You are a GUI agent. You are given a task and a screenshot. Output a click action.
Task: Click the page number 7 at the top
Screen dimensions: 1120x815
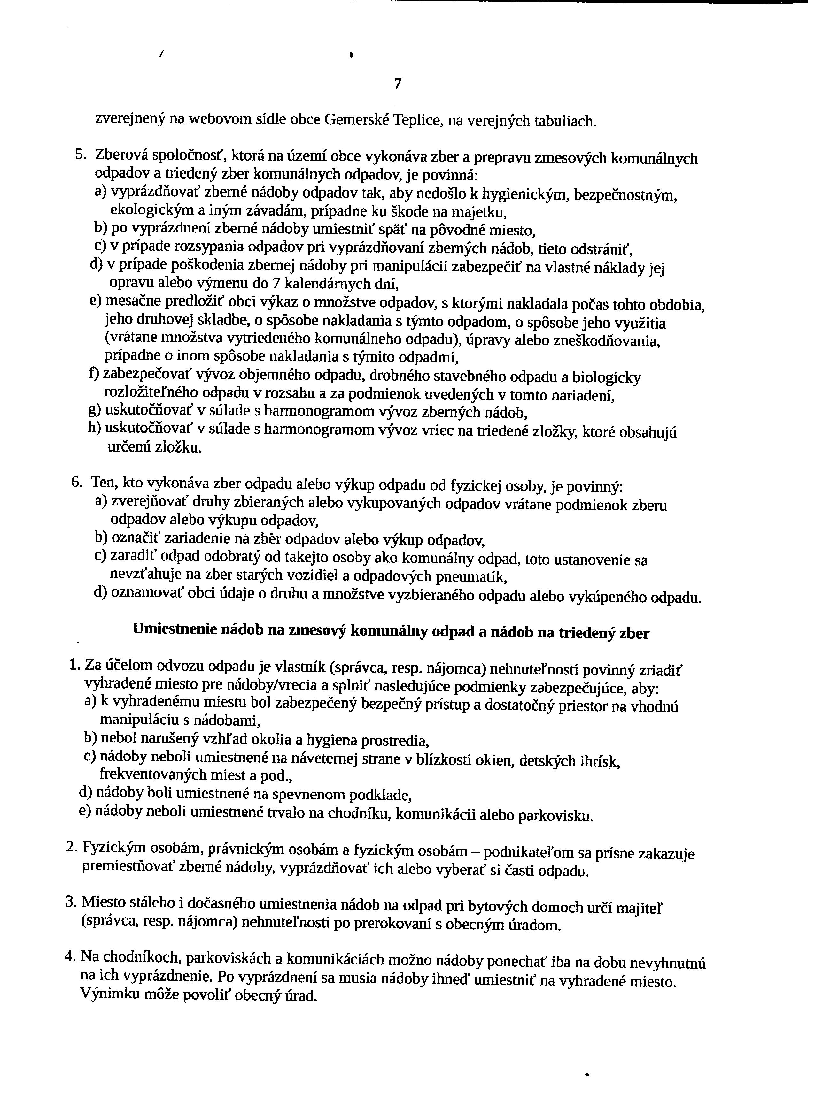click(x=398, y=84)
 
